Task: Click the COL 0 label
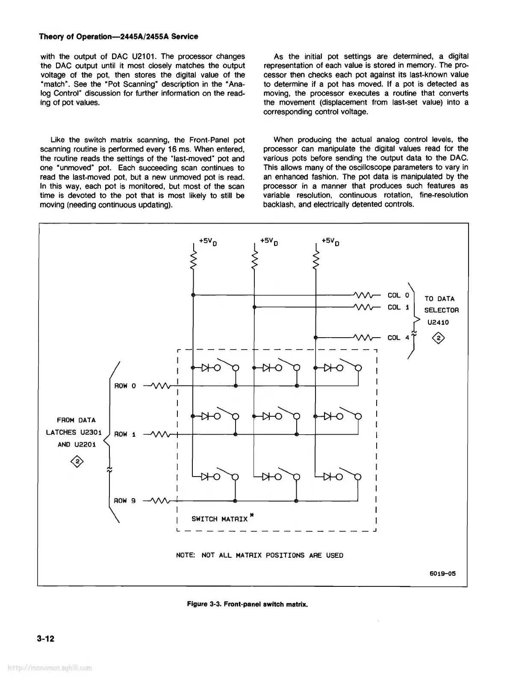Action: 398,295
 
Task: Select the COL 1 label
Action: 398,307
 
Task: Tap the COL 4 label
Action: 398,338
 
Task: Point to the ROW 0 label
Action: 125,386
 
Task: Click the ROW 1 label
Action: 125,434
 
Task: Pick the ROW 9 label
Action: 125,500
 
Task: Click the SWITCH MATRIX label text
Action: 219,519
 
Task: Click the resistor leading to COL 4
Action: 364,338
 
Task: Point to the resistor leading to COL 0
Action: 364,295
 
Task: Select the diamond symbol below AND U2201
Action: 77,461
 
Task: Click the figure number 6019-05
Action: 443,574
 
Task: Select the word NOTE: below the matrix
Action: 186,556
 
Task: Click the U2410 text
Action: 438,322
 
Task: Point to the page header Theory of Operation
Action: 118,37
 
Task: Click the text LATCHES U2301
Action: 74,433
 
